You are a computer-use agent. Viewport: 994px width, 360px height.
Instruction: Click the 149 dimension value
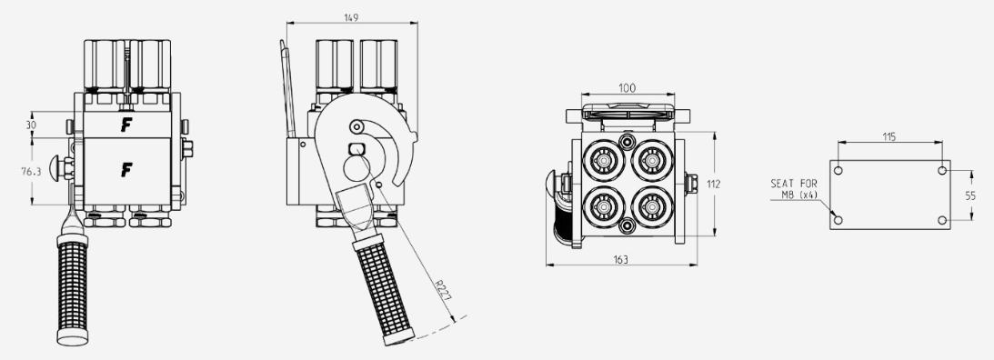point(351,18)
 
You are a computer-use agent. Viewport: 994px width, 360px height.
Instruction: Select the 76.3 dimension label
point(31,171)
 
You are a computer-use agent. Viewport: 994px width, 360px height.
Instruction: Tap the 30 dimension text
point(31,125)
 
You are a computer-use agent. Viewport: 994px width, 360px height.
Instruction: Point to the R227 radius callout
point(444,290)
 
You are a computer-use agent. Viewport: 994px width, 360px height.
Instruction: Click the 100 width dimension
point(627,88)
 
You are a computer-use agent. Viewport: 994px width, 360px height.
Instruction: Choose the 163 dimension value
point(621,259)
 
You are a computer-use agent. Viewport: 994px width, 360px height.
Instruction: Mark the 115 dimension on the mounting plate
point(889,136)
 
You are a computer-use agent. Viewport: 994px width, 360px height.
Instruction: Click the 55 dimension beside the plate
point(970,195)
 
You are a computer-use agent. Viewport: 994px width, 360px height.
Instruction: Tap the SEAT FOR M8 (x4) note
point(794,189)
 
